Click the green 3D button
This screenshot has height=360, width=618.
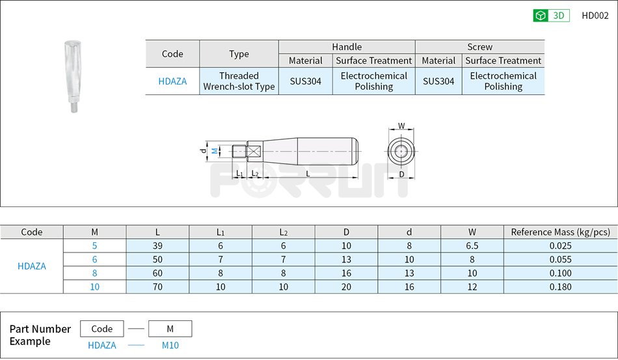coord(551,16)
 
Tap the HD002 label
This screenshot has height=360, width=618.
coord(595,16)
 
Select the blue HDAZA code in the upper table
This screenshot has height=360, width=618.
coord(172,81)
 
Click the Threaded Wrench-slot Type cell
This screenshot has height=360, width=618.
coord(239,81)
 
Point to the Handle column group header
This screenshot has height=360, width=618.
coord(347,47)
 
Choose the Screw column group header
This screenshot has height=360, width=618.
coord(479,47)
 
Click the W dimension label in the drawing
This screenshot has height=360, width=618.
coord(401,126)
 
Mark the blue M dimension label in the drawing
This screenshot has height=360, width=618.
coord(214,151)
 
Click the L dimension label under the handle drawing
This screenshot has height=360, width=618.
coord(308,174)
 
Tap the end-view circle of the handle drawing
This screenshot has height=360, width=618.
coord(401,152)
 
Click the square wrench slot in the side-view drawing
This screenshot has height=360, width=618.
coord(254,152)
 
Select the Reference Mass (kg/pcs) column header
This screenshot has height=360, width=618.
coord(560,232)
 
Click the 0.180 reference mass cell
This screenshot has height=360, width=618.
coord(560,287)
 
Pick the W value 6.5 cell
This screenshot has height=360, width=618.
coord(472,245)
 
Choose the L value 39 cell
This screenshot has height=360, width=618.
coord(157,245)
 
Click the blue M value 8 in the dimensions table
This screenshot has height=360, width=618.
coord(94,273)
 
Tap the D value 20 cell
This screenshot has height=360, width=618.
coord(346,287)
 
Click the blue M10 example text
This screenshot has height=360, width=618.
coord(170,346)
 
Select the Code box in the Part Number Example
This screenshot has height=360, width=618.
coord(101,329)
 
